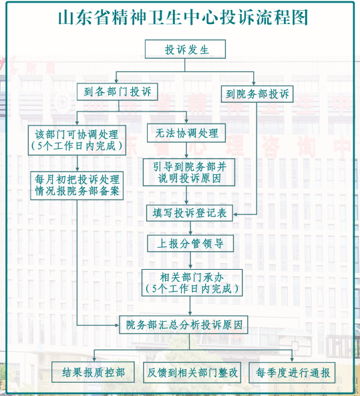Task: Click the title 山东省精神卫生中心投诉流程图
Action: pos(183,17)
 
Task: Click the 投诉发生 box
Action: pos(185,49)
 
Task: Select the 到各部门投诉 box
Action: pos(118,91)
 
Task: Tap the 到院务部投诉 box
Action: pos(257,94)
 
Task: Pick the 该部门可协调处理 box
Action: pos(77,140)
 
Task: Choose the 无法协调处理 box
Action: pos(186,133)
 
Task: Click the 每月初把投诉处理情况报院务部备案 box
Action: pos(77,186)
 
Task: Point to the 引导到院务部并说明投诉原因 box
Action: pos(189,172)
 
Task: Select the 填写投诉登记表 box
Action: pos(190,213)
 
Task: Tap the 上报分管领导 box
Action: pos(190,244)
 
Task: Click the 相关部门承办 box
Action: pos(192,282)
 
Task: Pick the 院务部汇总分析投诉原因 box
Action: pos(184,325)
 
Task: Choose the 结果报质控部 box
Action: pos(93,372)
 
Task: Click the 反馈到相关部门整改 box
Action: pos(192,372)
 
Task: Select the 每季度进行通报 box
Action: pos(292,373)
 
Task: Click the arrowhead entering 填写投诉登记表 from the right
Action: pos(235,214)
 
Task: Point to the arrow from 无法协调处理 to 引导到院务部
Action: pos(186,150)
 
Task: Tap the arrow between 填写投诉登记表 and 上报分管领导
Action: pos(190,228)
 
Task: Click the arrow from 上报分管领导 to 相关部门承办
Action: pos(190,260)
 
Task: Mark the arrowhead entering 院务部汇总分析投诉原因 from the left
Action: pos(117,325)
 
